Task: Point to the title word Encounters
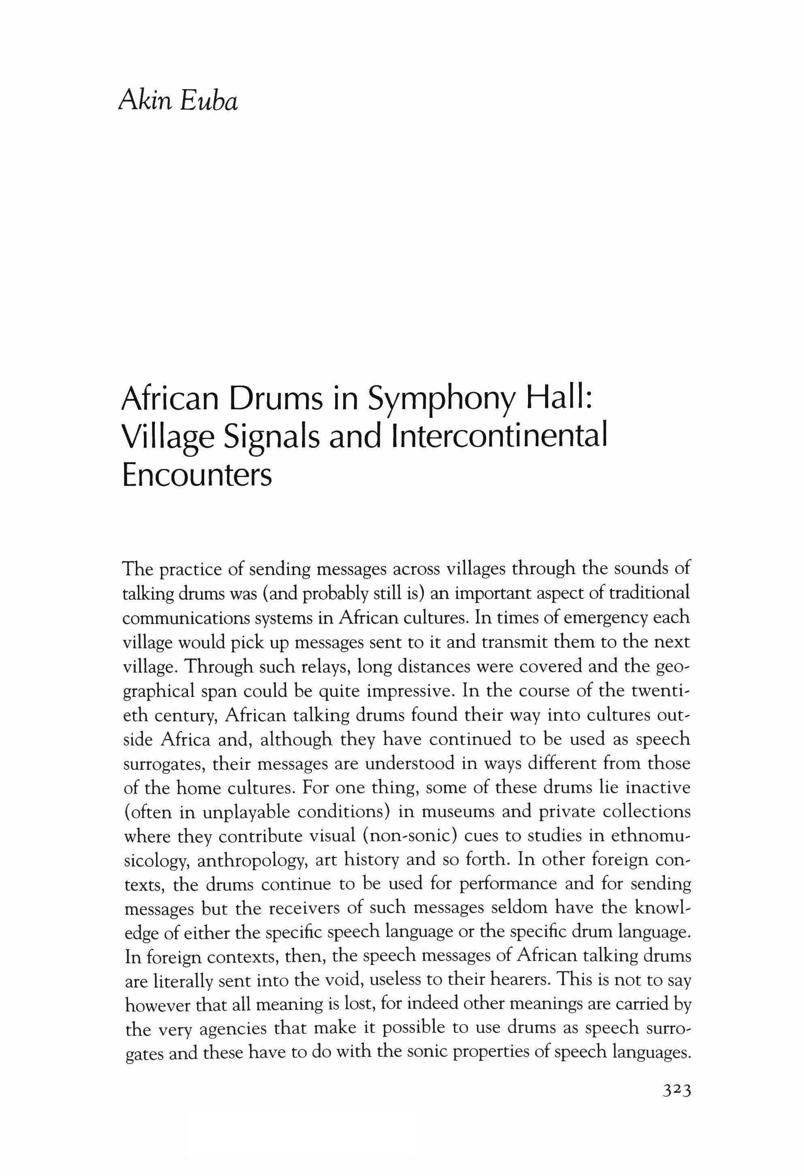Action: (197, 474)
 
